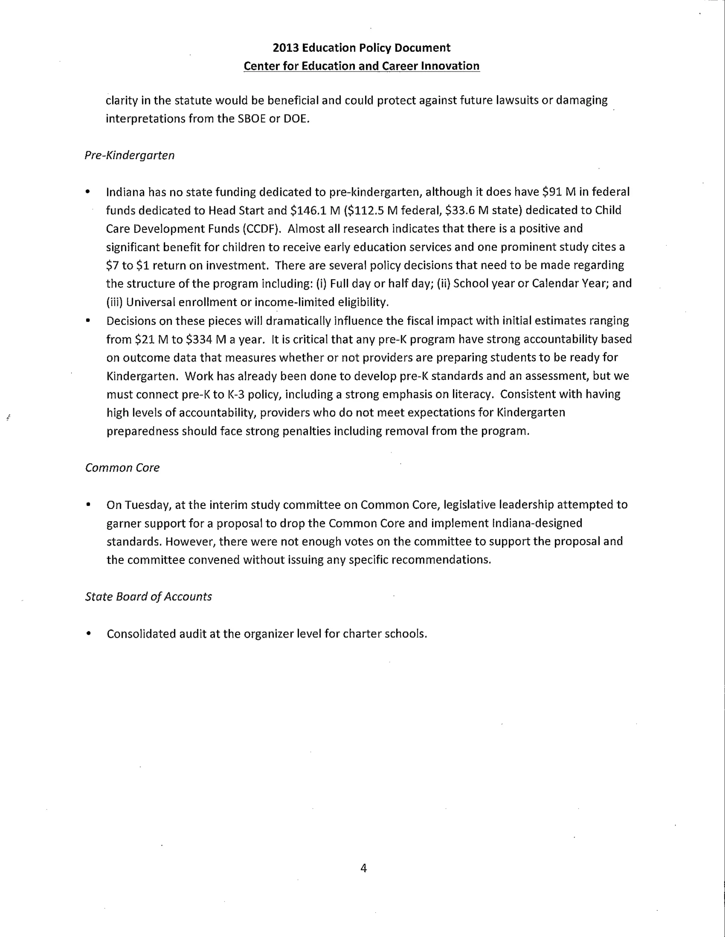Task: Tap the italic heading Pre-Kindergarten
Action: [129, 155]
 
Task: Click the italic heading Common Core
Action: [122, 468]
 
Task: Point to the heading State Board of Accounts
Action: [148, 597]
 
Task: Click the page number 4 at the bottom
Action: [363, 868]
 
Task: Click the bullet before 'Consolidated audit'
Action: [89, 634]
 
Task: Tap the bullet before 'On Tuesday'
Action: [89, 505]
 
